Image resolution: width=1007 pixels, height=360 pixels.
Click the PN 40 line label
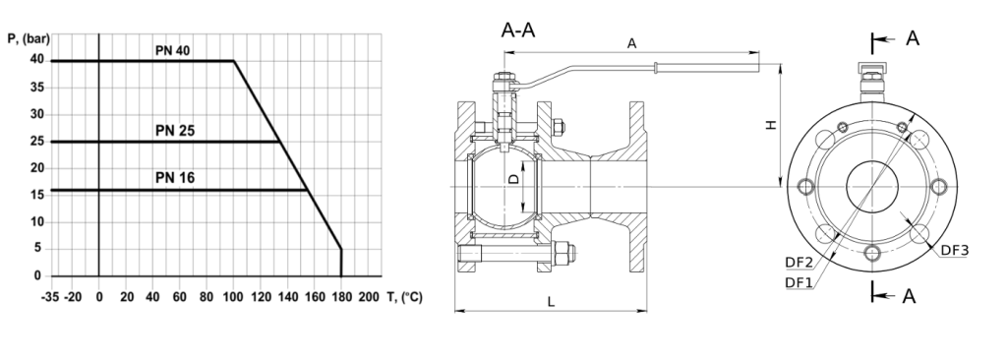tap(172, 51)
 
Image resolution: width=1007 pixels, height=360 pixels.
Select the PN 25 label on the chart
tap(175, 131)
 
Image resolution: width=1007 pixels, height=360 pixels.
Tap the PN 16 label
tap(175, 178)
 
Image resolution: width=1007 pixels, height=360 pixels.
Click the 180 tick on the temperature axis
tap(341, 297)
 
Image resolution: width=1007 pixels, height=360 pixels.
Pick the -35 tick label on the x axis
tap(51, 297)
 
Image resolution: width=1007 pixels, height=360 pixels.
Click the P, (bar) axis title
tap(28, 38)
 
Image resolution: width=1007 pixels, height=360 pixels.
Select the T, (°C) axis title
tap(404, 297)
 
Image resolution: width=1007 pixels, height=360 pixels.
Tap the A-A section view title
tap(517, 30)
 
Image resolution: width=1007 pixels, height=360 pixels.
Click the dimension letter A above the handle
tap(632, 43)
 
